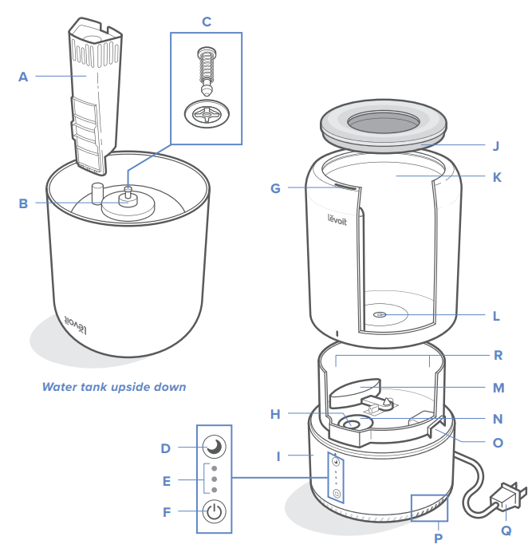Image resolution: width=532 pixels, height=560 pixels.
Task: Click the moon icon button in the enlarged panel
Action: pyautogui.click(x=214, y=447)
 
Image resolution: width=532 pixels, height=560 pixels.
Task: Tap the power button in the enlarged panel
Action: pyautogui.click(x=214, y=512)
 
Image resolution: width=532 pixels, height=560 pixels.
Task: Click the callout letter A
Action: pyautogui.click(x=23, y=77)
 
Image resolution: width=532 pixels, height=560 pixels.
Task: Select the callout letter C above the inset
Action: pyautogui.click(x=207, y=22)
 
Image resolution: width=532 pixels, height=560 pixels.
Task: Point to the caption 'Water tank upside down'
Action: pyautogui.click(x=114, y=387)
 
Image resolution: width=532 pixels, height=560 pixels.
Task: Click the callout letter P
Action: pyautogui.click(x=437, y=538)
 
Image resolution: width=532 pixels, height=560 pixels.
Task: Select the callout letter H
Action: pyautogui.click(x=275, y=413)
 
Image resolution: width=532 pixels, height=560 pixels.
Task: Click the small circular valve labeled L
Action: pyautogui.click(x=379, y=315)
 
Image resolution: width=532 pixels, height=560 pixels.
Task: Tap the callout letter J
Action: pyautogui.click(x=495, y=146)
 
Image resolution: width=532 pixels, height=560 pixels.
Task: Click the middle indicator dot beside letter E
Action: pyautogui.click(x=214, y=479)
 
